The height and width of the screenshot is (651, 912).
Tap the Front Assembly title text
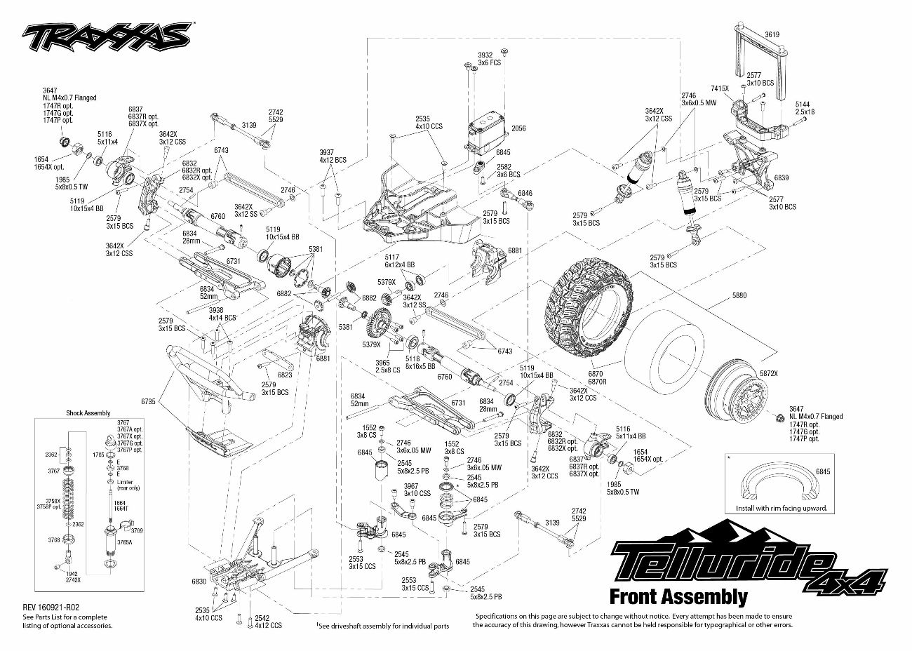point(678,597)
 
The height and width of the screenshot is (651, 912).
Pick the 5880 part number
point(739,295)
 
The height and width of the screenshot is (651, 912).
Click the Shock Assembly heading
point(88,413)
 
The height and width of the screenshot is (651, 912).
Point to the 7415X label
point(720,89)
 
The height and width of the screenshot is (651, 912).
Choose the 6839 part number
point(781,178)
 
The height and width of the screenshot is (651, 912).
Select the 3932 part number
point(485,54)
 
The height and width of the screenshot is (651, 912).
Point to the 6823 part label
point(285,375)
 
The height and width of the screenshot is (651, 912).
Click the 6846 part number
point(525,192)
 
